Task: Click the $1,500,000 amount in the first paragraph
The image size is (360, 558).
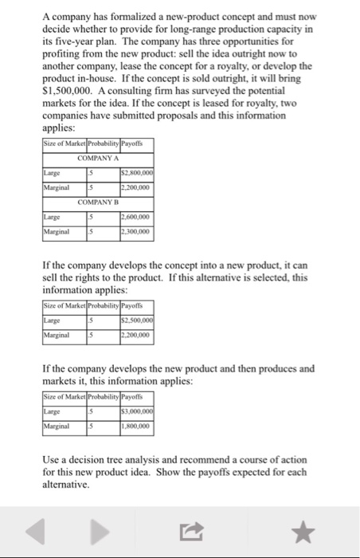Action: [66, 92]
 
